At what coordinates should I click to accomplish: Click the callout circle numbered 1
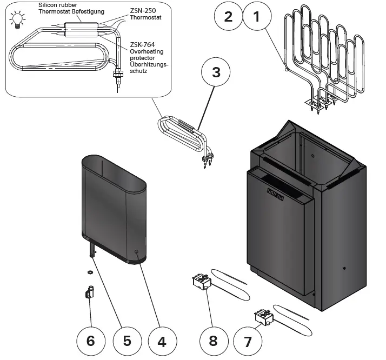point(256,16)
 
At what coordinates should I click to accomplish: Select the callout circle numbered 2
point(228,16)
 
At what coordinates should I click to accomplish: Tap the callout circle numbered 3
point(216,73)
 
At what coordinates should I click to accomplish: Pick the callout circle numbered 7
point(248,342)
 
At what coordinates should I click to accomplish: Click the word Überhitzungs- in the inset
point(149,64)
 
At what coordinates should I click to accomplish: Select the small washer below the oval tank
point(90,271)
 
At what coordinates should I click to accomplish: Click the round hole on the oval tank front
point(136,252)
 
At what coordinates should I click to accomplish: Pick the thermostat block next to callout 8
point(201,282)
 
